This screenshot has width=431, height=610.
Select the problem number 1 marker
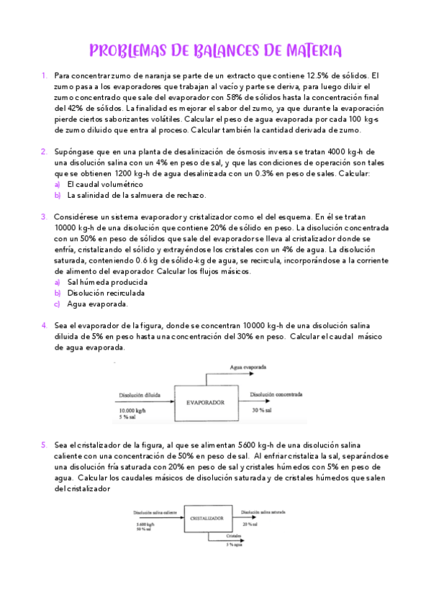coord(44,75)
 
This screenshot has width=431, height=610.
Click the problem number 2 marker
coord(44,151)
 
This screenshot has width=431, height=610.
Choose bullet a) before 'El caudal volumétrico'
coord(58,184)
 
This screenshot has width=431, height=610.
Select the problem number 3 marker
coord(44,216)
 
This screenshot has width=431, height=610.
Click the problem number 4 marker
coord(44,325)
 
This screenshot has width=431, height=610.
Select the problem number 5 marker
coord(44,445)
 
